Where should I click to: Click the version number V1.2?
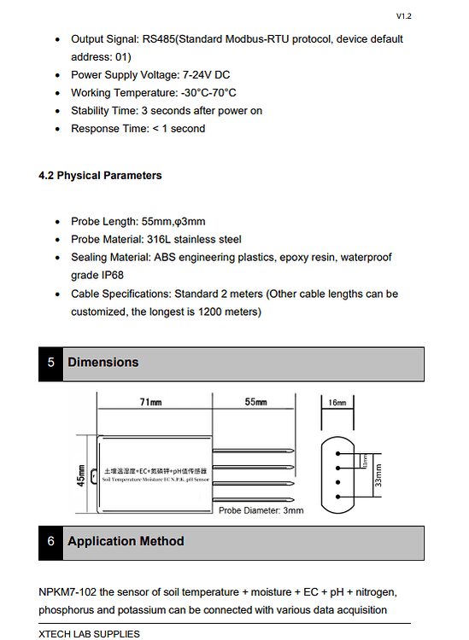[404, 16]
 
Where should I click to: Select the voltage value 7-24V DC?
[199, 75]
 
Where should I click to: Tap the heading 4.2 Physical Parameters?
[100, 176]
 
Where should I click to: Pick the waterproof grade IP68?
[108, 276]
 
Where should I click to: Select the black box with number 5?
[50, 363]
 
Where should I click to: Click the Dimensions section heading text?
[103, 363]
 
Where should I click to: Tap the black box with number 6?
[50, 542]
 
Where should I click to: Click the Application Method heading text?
[126, 542]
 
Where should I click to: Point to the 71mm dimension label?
[151, 402]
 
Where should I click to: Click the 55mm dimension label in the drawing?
[255, 402]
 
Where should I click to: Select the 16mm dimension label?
[337, 402]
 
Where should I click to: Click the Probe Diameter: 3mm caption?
[261, 510]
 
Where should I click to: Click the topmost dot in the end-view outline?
[338, 454]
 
